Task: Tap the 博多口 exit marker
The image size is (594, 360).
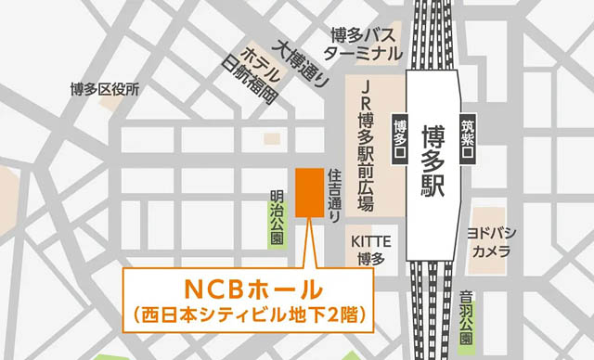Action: pos(400,140)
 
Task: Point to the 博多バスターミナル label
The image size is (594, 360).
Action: pos(364,43)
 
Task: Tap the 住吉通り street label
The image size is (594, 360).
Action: pos(336,195)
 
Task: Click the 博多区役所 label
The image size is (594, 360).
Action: pos(104,89)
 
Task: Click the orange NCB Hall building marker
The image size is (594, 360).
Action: pos(307,193)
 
